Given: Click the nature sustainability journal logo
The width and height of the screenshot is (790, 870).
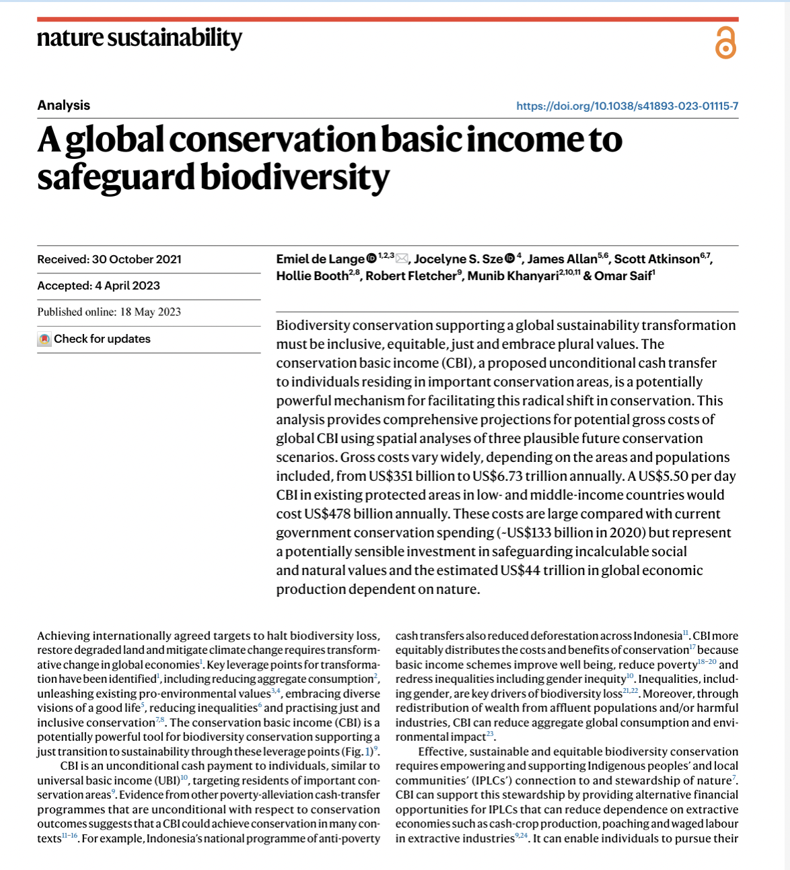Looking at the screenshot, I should coord(139,38).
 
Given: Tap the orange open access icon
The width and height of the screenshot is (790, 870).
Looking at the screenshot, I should coord(725,44).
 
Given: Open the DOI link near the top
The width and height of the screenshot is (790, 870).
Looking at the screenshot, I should coord(627,106).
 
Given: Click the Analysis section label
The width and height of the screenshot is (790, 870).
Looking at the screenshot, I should coord(63,105).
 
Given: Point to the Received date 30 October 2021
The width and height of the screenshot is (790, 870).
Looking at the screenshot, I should coord(109,259).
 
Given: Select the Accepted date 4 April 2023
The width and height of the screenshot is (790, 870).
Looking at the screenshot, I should coord(98,286).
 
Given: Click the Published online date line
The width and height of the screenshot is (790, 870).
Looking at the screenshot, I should coord(109,312).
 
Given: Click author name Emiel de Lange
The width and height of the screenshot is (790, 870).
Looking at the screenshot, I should coord(320,259).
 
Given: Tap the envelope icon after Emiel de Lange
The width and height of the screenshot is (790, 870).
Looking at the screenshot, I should coord(402,259).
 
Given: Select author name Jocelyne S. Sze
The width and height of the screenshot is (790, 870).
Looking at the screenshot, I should coord(458,259).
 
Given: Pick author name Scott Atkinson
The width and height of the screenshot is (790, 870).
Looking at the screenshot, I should coord(656,259).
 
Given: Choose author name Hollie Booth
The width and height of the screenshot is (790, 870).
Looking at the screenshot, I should coord(312,276).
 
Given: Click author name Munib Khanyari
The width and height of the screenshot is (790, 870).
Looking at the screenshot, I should coord(513,276).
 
